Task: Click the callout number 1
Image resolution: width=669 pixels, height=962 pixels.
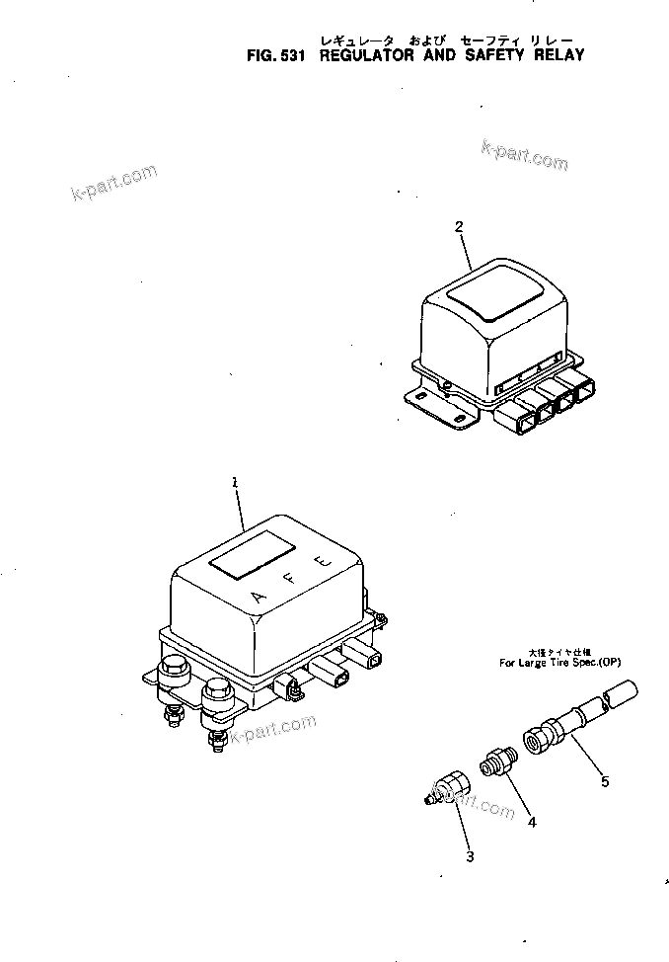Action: tap(235, 482)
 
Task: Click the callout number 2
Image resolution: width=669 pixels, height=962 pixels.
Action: tap(459, 226)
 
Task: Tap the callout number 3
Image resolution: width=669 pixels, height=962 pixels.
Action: tap(470, 856)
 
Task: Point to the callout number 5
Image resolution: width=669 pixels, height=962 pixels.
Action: tap(605, 782)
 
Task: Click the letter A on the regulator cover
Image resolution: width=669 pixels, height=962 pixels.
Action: tap(259, 597)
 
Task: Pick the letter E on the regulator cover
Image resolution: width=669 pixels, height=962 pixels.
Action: tap(320, 562)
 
